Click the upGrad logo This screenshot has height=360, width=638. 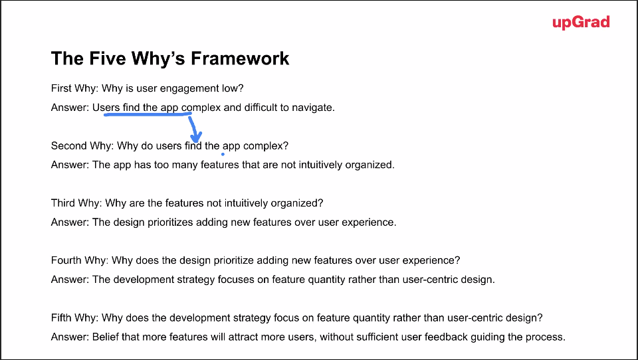coord(581,23)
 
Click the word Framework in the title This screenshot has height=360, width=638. coord(240,58)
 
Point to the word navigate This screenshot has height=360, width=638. coord(313,108)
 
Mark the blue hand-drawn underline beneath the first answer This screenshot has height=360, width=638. coord(148,114)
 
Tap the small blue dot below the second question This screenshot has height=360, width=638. coord(223,154)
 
